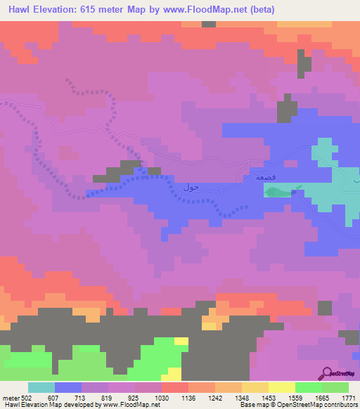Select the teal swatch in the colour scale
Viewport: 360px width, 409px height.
[x=41, y=387]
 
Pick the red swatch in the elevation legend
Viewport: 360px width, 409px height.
[x=174, y=387]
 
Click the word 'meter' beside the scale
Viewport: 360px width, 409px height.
[x=12, y=398]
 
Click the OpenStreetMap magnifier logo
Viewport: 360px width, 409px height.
[x=328, y=373]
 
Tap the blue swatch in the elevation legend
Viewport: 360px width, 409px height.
[x=67, y=387]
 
